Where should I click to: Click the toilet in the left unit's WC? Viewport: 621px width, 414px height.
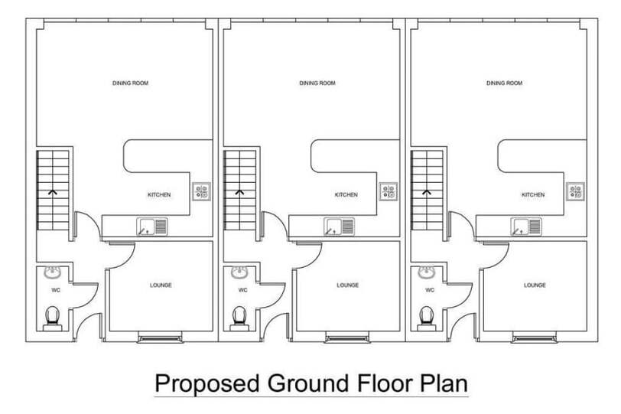point(52,318)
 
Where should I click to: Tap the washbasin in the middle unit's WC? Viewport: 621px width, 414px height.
point(239,272)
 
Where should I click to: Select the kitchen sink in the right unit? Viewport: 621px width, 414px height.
point(526,227)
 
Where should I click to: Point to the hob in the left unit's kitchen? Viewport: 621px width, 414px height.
point(202,192)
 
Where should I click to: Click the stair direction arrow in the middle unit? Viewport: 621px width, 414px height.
point(239,193)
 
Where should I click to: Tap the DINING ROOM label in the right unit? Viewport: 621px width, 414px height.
point(504,83)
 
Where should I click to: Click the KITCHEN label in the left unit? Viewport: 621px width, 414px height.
point(159,195)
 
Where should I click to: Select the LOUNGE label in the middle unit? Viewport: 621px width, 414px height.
point(348,285)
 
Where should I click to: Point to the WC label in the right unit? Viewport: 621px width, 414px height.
point(430,290)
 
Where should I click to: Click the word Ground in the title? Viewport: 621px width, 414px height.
point(308,383)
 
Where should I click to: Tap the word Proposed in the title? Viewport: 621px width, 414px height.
point(206,384)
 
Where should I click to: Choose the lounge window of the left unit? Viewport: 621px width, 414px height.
point(160,339)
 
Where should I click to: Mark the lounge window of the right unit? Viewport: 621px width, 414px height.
point(535,339)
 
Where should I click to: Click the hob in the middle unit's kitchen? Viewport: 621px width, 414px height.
point(389,192)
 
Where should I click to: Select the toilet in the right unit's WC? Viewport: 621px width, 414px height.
point(426,318)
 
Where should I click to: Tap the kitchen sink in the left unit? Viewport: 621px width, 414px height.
point(152,227)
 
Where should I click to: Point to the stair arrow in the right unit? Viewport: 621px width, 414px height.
point(426,193)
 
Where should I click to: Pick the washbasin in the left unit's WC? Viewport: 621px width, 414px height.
point(52,272)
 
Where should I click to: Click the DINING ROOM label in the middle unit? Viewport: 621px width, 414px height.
point(317,83)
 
